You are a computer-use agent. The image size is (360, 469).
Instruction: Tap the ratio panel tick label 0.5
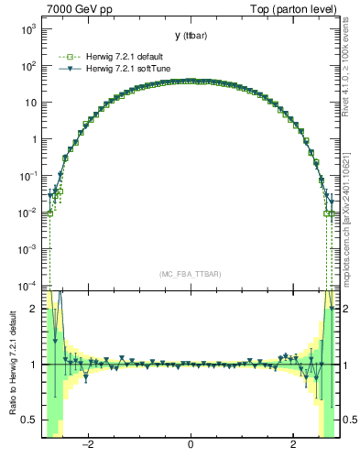click(29, 420)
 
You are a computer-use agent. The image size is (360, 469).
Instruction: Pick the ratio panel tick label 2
click(33, 310)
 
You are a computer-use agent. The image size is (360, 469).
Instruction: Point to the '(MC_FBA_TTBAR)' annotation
click(191, 274)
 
